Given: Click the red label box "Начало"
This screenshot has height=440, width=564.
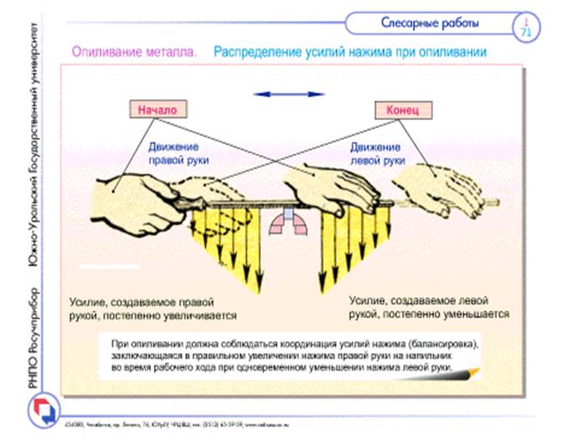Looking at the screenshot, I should (158, 109).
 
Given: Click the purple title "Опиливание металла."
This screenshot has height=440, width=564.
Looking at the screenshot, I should (134, 52).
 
